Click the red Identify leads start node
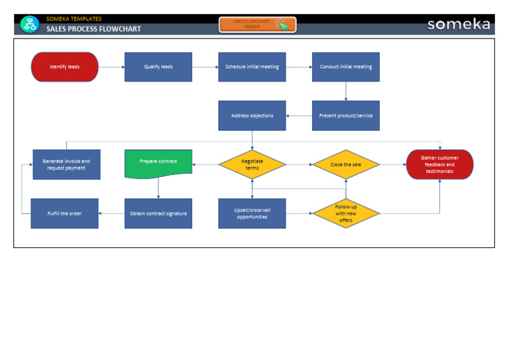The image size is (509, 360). [x=64, y=67]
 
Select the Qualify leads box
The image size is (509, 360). [x=158, y=67]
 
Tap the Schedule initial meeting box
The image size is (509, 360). [x=252, y=67]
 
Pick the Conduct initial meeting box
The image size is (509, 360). [x=345, y=67]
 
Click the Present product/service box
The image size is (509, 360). [x=345, y=115]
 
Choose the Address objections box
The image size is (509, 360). [x=252, y=115]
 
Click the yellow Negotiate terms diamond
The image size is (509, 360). [x=252, y=164]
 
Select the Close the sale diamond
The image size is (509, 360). [x=345, y=164]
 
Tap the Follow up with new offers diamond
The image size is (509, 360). [x=345, y=213]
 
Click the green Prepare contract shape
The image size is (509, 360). [x=158, y=163]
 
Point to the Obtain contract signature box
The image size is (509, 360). [x=158, y=213]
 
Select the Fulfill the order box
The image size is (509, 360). [x=64, y=213]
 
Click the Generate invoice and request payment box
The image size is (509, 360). [x=66, y=164]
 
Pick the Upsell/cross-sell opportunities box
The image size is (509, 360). [x=252, y=213]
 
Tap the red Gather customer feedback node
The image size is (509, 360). [x=439, y=164]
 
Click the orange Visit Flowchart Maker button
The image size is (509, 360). [x=257, y=25]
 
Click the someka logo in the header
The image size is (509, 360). [x=459, y=25]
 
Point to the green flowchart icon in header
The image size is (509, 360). [x=30, y=25]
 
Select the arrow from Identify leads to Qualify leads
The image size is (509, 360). [x=111, y=67]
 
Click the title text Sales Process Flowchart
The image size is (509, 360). [x=93, y=29]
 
